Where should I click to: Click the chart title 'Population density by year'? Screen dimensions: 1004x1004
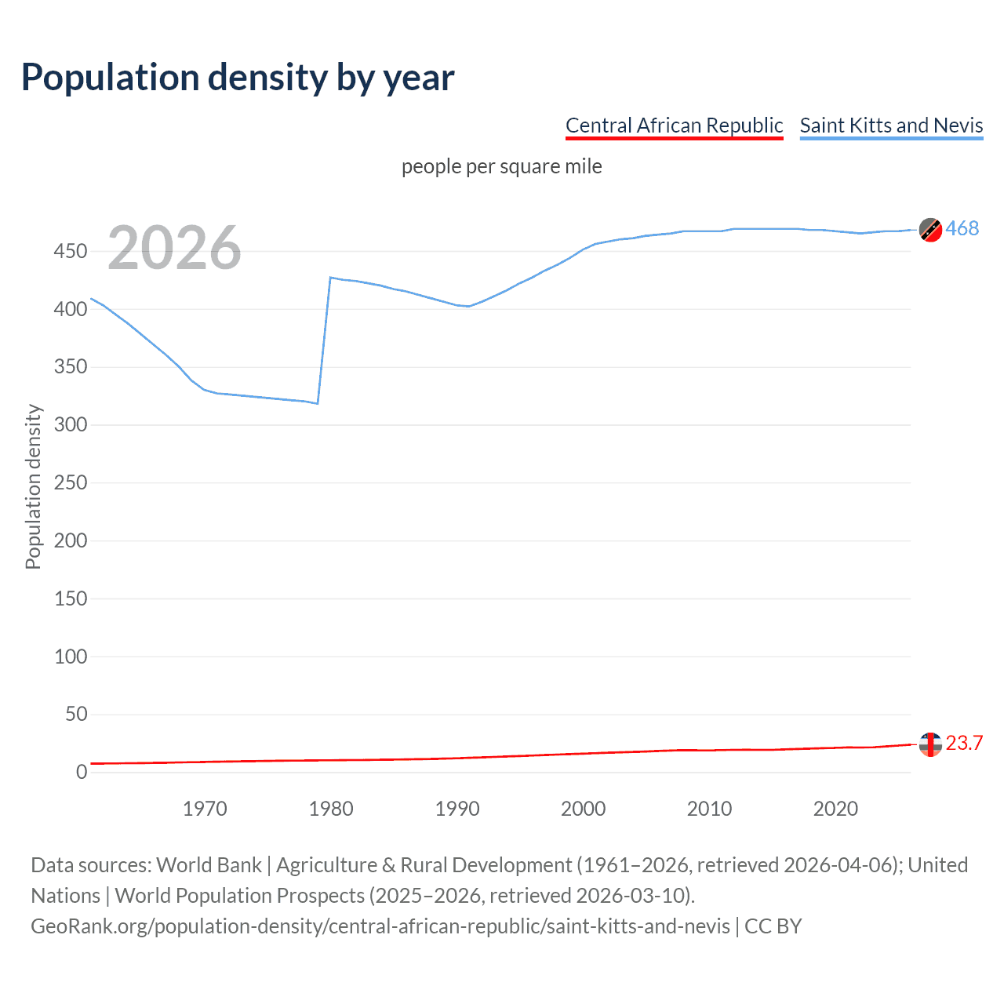pos(238,78)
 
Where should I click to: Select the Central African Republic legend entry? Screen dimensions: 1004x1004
pos(674,125)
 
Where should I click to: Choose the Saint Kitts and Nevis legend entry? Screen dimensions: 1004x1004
pos(891,125)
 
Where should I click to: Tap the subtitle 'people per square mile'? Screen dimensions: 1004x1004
pos(501,167)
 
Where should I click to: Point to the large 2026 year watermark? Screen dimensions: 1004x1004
pos(174,249)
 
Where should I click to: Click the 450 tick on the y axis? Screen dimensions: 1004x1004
pos(71,252)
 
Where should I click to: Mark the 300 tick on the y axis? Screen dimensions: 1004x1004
pos(71,425)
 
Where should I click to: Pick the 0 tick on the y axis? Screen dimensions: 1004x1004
pos(82,773)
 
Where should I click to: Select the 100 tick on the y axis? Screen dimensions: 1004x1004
pos(71,657)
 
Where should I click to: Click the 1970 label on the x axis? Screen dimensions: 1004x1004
pos(205,809)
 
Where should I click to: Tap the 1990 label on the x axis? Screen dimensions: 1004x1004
pos(457,809)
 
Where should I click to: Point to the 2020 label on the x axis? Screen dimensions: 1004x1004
pos(835,809)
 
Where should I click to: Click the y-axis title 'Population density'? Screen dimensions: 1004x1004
pos(33,486)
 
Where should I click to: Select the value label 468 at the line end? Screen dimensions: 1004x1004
pos(962,229)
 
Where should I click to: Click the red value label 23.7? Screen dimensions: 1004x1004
pos(964,744)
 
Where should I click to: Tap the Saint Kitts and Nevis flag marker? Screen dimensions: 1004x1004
pos(930,230)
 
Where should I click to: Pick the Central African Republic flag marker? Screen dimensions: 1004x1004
pos(930,744)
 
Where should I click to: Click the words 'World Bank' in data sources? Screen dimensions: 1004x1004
pos(209,865)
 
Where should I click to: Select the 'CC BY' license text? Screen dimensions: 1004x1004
pos(773,926)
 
